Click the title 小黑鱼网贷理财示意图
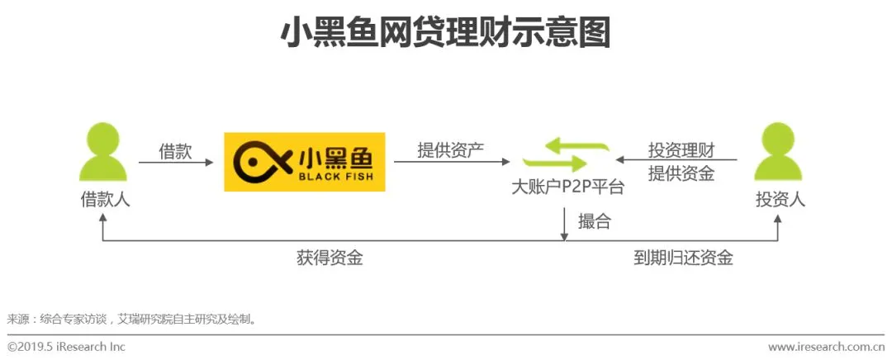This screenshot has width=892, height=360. click(x=445, y=34)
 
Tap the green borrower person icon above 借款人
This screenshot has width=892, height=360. click(x=103, y=152)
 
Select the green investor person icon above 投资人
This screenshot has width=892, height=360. click(x=779, y=152)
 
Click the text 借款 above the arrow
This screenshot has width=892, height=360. click(x=175, y=151)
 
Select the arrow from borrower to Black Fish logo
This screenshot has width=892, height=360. click(x=176, y=163)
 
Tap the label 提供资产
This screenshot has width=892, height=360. click(x=450, y=150)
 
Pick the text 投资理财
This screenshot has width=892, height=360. click(x=681, y=150)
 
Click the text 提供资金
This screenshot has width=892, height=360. click(x=681, y=173)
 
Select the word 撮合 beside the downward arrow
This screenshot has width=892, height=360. click(x=595, y=221)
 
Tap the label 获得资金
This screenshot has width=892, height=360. click(x=330, y=258)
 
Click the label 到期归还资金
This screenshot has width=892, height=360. click(x=683, y=258)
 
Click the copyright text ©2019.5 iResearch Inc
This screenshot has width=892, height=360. click(x=66, y=347)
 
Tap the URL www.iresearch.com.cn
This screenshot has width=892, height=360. click(x=826, y=347)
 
